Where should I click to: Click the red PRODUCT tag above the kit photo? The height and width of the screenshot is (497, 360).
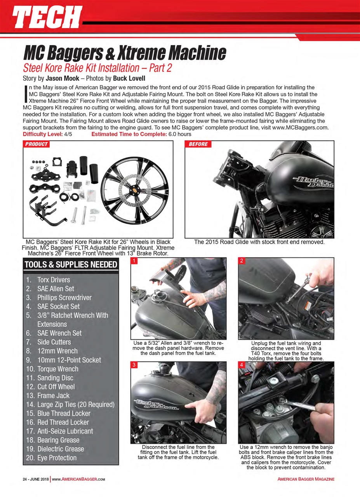[x=36, y=144]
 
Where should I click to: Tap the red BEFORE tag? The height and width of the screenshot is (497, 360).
[x=198, y=144]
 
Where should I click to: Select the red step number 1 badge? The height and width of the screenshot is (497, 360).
[x=134, y=261]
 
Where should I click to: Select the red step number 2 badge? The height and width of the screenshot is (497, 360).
[x=241, y=261]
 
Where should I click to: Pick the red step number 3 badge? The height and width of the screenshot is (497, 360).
[x=134, y=365]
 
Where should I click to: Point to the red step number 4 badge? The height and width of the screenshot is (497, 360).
[x=241, y=365]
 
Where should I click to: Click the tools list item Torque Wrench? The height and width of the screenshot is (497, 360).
[x=57, y=369]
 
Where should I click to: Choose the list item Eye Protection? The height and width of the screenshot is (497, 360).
[x=57, y=458]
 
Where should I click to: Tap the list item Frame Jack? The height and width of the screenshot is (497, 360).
[x=53, y=396]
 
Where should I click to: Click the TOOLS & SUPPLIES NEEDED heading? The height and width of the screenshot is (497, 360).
[x=71, y=265]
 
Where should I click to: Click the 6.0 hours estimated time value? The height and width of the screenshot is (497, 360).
[x=177, y=134]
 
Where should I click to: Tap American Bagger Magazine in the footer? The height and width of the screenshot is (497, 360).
[x=306, y=479]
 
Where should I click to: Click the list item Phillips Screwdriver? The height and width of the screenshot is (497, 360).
[x=64, y=297]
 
